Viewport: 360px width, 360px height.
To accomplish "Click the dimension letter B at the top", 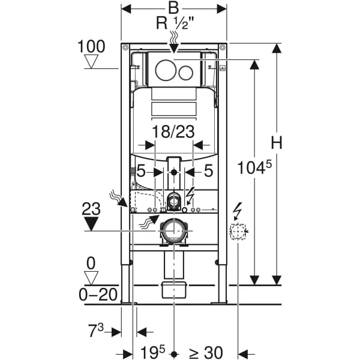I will click(x=174, y=9).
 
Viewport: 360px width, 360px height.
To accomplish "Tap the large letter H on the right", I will click(x=276, y=142).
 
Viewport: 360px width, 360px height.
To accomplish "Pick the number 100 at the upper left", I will click(x=91, y=46).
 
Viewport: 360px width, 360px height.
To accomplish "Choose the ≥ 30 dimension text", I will click(x=205, y=352).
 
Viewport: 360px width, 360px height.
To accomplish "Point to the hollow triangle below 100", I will click(x=92, y=61).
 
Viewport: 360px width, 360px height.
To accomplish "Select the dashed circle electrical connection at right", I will click(x=239, y=232).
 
